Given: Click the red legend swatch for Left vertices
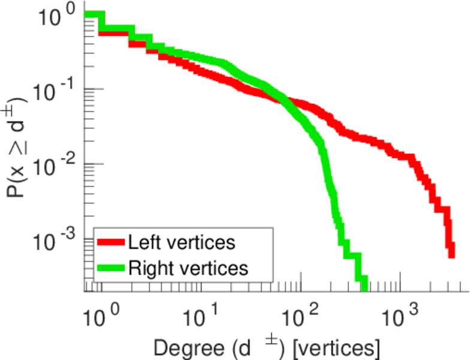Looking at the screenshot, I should coord(111,242).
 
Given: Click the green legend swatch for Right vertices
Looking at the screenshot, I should coord(111,268).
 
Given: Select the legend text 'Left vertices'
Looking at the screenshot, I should coord(181,242).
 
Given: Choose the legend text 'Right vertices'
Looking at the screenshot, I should coord(188,268).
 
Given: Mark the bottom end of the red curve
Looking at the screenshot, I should coord(451,254).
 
